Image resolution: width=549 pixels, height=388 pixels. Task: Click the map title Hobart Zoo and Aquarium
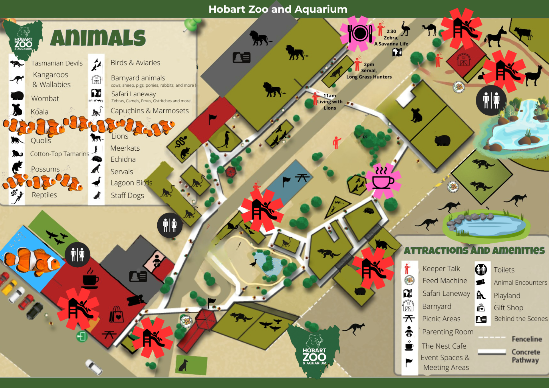click(278, 9)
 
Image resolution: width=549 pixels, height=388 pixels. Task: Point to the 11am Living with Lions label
click(329, 102)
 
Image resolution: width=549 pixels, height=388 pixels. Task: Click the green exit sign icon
click(82, 336)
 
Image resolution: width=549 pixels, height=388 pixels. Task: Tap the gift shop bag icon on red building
click(116, 314)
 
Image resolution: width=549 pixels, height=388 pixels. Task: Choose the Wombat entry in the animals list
click(45, 99)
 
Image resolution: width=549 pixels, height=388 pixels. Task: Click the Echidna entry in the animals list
click(123, 159)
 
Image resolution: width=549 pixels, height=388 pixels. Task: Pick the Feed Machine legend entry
click(444, 281)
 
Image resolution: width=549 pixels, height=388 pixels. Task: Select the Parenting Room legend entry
click(447, 332)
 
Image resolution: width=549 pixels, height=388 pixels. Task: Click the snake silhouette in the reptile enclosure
click(181, 142)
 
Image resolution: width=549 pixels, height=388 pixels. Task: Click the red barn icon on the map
click(463, 60)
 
